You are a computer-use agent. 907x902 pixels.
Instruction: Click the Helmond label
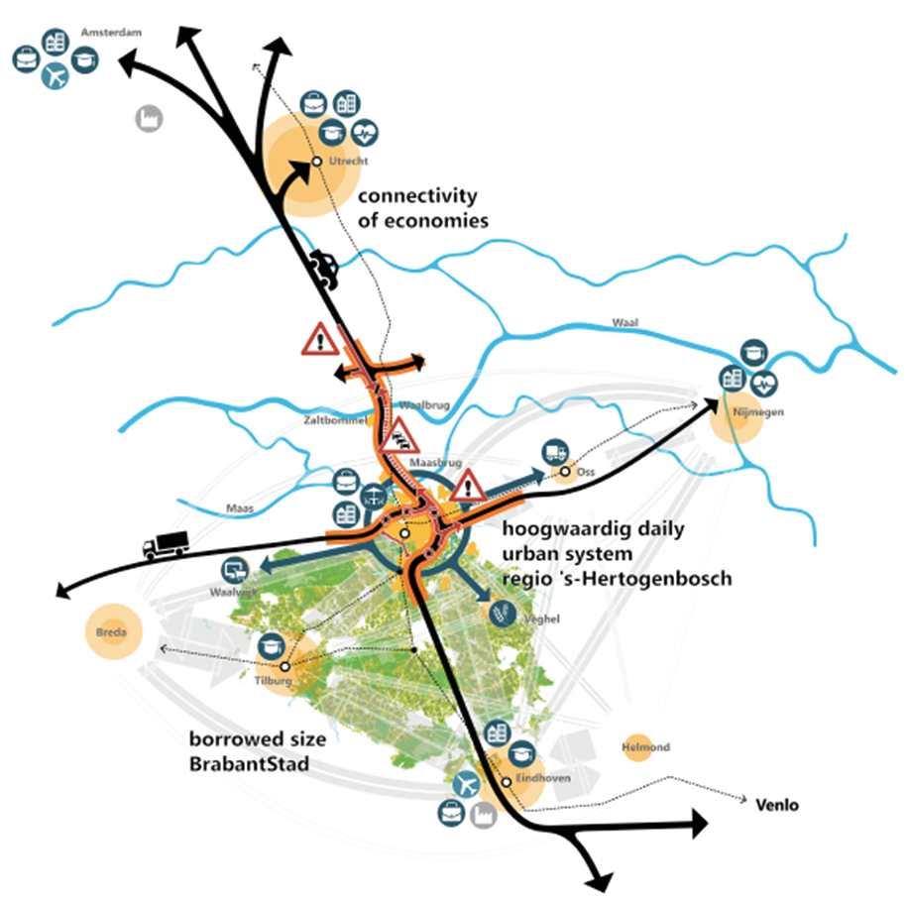tap(645, 746)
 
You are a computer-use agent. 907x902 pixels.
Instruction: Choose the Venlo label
tap(777, 805)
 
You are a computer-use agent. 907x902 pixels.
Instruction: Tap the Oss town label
tap(585, 472)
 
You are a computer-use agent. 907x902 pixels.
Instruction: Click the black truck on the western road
tap(165, 543)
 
